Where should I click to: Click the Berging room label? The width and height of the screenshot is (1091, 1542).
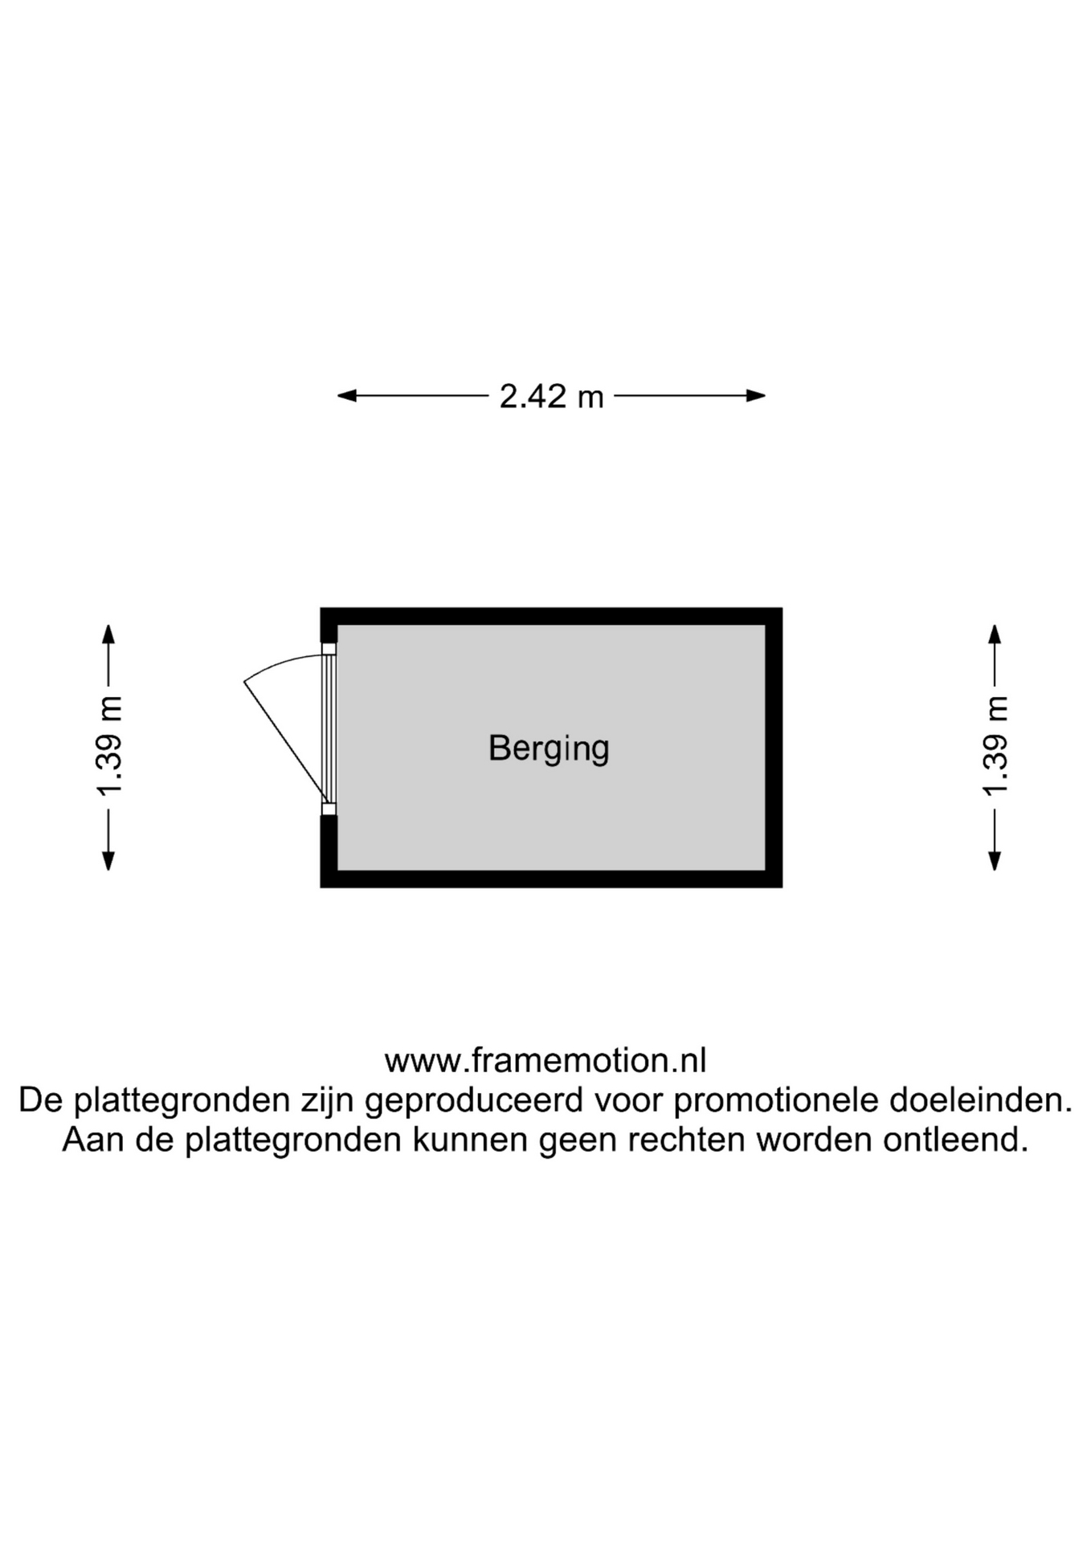tap(549, 749)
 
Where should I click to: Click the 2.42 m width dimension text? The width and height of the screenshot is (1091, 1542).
tap(551, 396)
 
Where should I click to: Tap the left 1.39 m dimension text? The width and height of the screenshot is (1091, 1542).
tap(109, 746)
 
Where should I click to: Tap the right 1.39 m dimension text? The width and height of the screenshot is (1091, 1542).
tap(995, 746)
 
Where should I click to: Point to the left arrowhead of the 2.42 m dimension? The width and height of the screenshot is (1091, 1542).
tap(346, 395)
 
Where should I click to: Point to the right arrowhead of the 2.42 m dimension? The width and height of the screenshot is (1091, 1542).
tap(756, 395)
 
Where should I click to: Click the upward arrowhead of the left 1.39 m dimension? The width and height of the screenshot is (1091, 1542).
tap(108, 634)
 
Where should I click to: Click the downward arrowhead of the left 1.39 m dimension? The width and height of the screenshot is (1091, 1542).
tap(108, 861)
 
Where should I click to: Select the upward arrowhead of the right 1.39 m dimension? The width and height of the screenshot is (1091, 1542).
tap(995, 634)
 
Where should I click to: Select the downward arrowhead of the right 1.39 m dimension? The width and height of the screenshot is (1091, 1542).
tap(995, 861)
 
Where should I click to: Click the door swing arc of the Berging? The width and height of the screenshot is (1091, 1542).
tap(277, 663)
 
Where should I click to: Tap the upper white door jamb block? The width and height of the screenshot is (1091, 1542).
tap(329, 648)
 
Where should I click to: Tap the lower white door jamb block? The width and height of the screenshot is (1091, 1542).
tap(329, 809)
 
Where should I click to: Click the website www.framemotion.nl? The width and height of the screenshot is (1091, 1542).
tap(545, 1061)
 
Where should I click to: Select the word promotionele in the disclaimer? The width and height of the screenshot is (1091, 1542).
tap(775, 1100)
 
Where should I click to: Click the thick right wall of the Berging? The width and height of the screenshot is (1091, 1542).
tap(774, 748)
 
